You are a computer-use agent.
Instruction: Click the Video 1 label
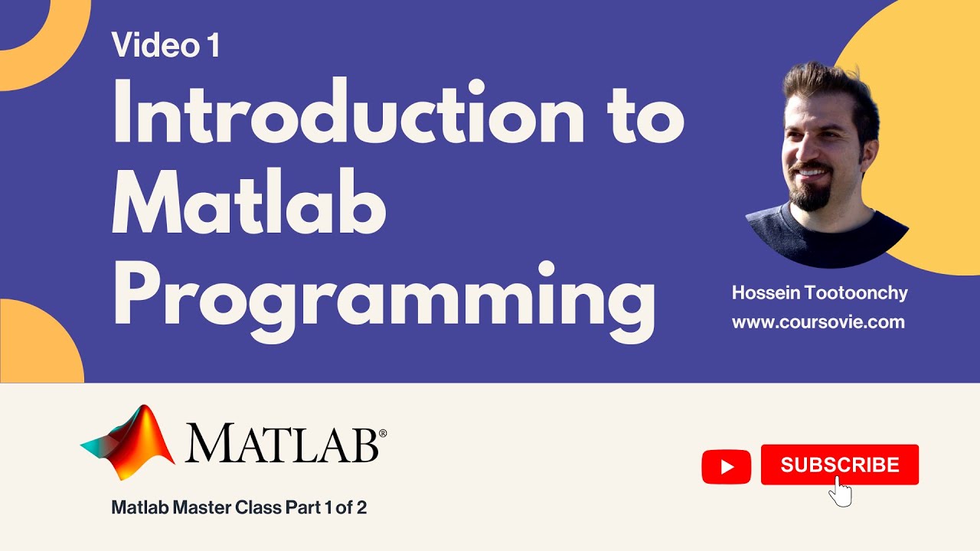pyautogui.click(x=165, y=45)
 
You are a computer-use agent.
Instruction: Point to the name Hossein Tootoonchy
pyautogui.click(x=819, y=293)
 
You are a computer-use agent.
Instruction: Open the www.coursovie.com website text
pyautogui.click(x=818, y=322)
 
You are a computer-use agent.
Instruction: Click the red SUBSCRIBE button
pyautogui.click(x=839, y=464)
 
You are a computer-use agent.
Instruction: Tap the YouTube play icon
pyautogui.click(x=726, y=467)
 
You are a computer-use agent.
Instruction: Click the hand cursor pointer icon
pyautogui.click(x=841, y=491)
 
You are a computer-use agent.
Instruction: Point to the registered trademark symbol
pyautogui.click(x=383, y=433)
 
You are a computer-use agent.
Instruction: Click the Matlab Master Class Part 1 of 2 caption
pyautogui.click(x=239, y=507)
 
